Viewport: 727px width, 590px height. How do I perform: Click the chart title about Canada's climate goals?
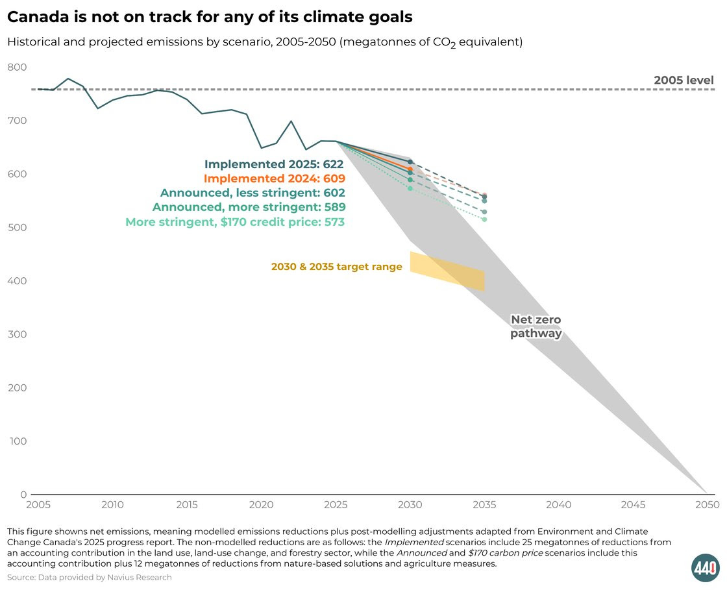[x=210, y=18]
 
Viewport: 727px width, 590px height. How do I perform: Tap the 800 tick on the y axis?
[x=17, y=68]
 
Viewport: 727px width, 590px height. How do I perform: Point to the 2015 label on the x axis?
[x=187, y=505]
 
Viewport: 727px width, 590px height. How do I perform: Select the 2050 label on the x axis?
[x=707, y=505]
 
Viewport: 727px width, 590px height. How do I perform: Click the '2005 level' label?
[x=684, y=80]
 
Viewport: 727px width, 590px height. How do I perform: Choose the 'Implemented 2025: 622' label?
[x=274, y=165]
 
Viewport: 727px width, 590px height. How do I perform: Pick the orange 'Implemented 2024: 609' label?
[x=274, y=178]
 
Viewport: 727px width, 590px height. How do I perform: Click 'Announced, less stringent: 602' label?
[x=253, y=193]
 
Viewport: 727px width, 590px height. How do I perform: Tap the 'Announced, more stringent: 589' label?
[x=249, y=207]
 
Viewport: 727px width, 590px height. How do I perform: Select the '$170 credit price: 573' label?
[x=235, y=222]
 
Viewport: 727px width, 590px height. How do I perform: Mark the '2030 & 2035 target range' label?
[x=336, y=267]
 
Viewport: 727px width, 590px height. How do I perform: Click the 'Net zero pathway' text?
[x=536, y=326]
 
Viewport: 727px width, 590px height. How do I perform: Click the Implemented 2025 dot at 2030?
[x=410, y=162]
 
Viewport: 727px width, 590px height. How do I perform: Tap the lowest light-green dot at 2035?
[x=484, y=219]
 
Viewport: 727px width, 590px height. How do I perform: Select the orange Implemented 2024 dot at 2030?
[x=410, y=169]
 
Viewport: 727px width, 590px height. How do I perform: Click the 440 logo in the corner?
[x=705, y=568]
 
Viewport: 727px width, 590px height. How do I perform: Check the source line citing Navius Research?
[x=90, y=577]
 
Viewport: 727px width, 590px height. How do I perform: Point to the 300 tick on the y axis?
[x=17, y=334]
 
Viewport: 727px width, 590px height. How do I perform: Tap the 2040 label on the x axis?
[x=559, y=505]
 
